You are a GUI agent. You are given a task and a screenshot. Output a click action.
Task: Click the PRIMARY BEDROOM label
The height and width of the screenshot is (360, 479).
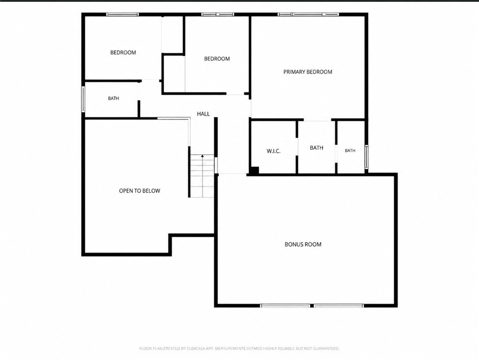tap(307, 72)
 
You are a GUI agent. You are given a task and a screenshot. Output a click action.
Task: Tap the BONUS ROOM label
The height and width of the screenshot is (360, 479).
tap(303, 244)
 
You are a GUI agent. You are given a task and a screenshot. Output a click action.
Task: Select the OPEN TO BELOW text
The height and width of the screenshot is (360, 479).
tap(139, 191)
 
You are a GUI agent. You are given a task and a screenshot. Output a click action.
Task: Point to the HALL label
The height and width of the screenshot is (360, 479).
tap(203, 114)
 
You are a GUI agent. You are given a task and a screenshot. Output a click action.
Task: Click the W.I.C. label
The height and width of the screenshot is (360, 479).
tap(273, 151)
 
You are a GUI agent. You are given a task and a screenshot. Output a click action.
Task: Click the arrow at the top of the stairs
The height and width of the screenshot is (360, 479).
tap(202, 157)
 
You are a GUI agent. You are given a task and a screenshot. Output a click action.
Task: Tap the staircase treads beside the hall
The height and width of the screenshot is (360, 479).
tap(202, 176)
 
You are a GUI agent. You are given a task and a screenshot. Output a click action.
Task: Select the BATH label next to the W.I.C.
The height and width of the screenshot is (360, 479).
tap(316, 148)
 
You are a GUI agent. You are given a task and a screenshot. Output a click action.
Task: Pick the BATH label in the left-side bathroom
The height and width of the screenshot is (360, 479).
tap(113, 98)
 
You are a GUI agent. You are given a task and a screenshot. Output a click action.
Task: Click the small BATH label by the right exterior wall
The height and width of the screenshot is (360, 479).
tap(350, 150)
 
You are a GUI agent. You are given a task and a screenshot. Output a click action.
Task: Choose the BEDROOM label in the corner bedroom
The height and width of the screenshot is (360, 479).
tap(123, 52)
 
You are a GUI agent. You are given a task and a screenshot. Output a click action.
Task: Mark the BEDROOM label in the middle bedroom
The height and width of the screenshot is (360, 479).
tap(217, 59)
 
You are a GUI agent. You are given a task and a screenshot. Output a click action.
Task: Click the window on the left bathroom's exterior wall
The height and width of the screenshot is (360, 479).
tap(83, 99)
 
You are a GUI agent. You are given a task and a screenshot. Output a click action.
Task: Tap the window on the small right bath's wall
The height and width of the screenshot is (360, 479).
tap(367, 157)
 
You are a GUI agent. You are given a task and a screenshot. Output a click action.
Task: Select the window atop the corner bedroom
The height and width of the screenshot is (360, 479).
tap(122, 15)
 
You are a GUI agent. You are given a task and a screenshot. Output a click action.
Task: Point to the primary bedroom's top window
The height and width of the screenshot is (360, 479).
tap(308, 15)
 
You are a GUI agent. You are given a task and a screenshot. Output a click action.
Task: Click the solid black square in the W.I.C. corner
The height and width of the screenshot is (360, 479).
tap(254, 170)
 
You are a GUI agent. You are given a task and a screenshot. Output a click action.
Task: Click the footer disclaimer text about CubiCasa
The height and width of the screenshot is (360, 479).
tap(239, 348)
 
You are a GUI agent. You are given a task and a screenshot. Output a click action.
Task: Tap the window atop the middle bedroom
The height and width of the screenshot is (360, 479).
tap(217, 15)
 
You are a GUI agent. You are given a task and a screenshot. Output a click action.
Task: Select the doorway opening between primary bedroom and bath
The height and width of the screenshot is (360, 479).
tap(317, 120)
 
